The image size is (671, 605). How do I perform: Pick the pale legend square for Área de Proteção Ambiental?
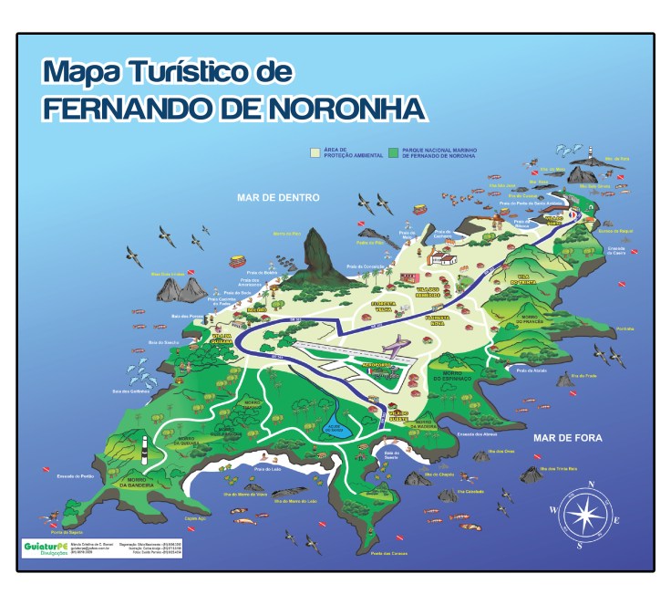[315, 153]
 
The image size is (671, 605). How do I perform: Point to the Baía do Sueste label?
[391, 454]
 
